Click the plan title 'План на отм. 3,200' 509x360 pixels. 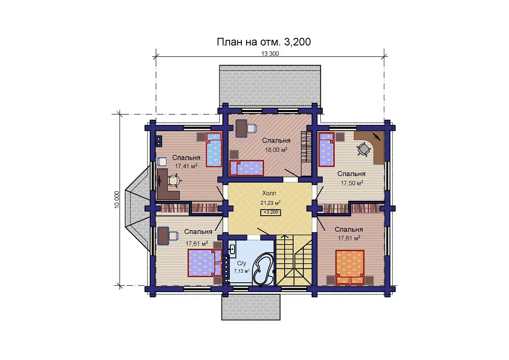pos(263,42)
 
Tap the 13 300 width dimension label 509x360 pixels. pos(270,53)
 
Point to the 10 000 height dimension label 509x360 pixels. pos(117,200)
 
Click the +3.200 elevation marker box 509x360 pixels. pos(271,212)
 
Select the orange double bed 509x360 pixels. pos(350,267)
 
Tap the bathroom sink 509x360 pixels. pos(232,250)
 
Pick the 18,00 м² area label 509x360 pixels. pos(276,150)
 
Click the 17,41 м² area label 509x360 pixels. pos(186,166)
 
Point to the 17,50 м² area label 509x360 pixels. pos(352,183)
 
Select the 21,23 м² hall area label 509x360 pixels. pos(271,202)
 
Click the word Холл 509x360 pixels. pos(269,193)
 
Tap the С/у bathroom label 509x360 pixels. pos(241,263)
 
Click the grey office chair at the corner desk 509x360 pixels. pos(364,149)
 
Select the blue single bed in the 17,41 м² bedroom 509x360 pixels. pos(214,150)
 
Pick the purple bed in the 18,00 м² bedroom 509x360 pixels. pos(246,168)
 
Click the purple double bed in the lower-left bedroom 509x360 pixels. pos(205,263)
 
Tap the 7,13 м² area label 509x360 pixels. pos(242,271)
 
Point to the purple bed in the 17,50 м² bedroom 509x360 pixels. pos(326,149)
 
